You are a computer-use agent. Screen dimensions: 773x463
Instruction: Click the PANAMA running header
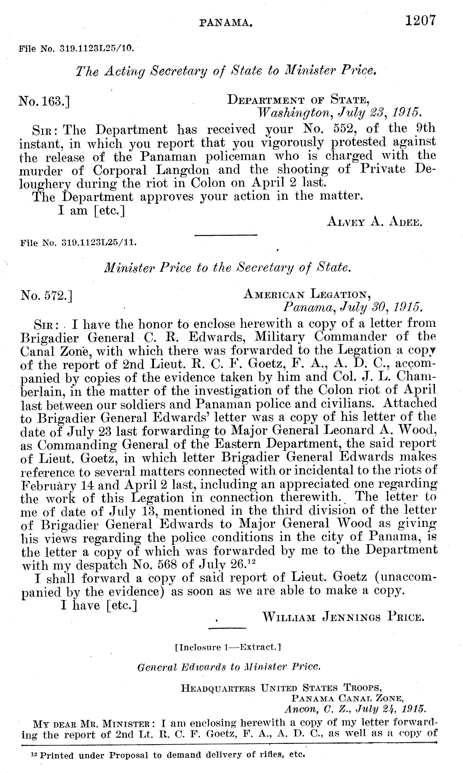click(x=226, y=22)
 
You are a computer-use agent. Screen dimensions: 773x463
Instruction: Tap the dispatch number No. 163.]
click(x=44, y=101)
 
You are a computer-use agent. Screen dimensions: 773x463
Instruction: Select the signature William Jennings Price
click(x=343, y=617)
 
